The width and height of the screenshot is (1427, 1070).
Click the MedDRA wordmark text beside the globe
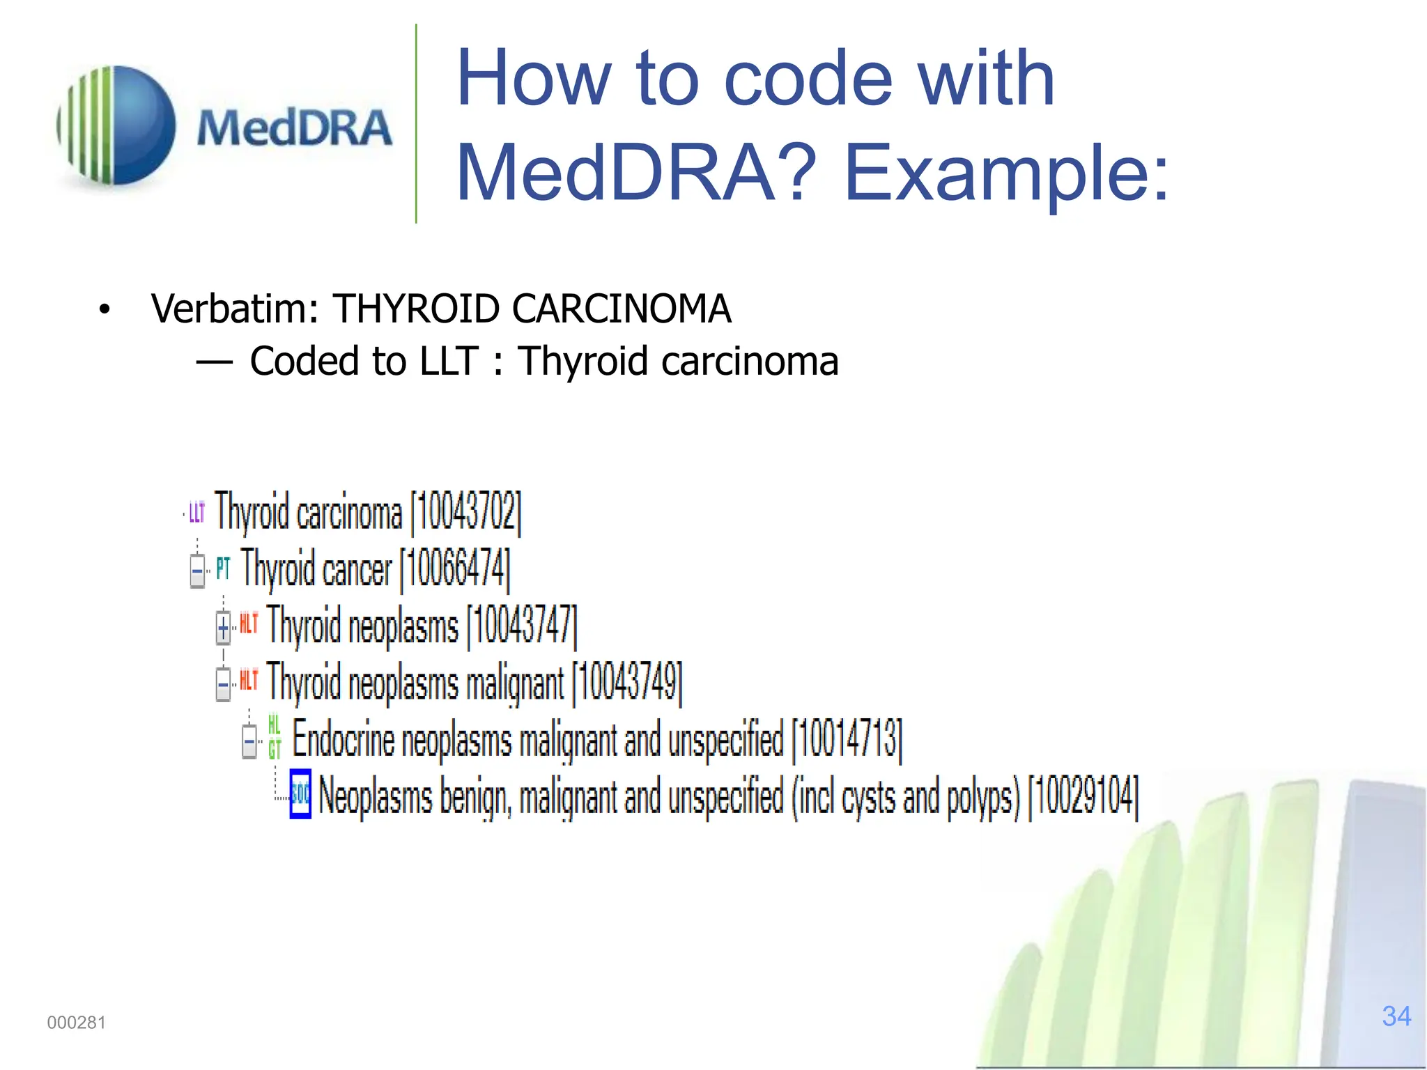(x=294, y=128)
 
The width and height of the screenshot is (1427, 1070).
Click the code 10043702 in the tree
(x=466, y=512)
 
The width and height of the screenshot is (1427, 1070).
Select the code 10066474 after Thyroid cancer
(x=455, y=569)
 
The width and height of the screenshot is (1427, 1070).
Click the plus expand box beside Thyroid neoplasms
(x=223, y=628)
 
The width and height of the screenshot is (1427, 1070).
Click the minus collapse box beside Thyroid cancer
(x=197, y=571)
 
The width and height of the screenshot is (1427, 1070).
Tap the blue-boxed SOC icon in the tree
(x=300, y=794)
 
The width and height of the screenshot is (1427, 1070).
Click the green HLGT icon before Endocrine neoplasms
(x=275, y=737)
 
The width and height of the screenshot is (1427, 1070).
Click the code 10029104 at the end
(x=1083, y=796)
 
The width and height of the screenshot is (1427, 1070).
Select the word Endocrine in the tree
(x=343, y=738)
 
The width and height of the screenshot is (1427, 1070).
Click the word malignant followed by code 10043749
(x=514, y=683)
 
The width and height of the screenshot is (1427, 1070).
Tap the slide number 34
(x=1396, y=1016)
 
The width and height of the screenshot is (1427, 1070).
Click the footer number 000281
(x=77, y=1023)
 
